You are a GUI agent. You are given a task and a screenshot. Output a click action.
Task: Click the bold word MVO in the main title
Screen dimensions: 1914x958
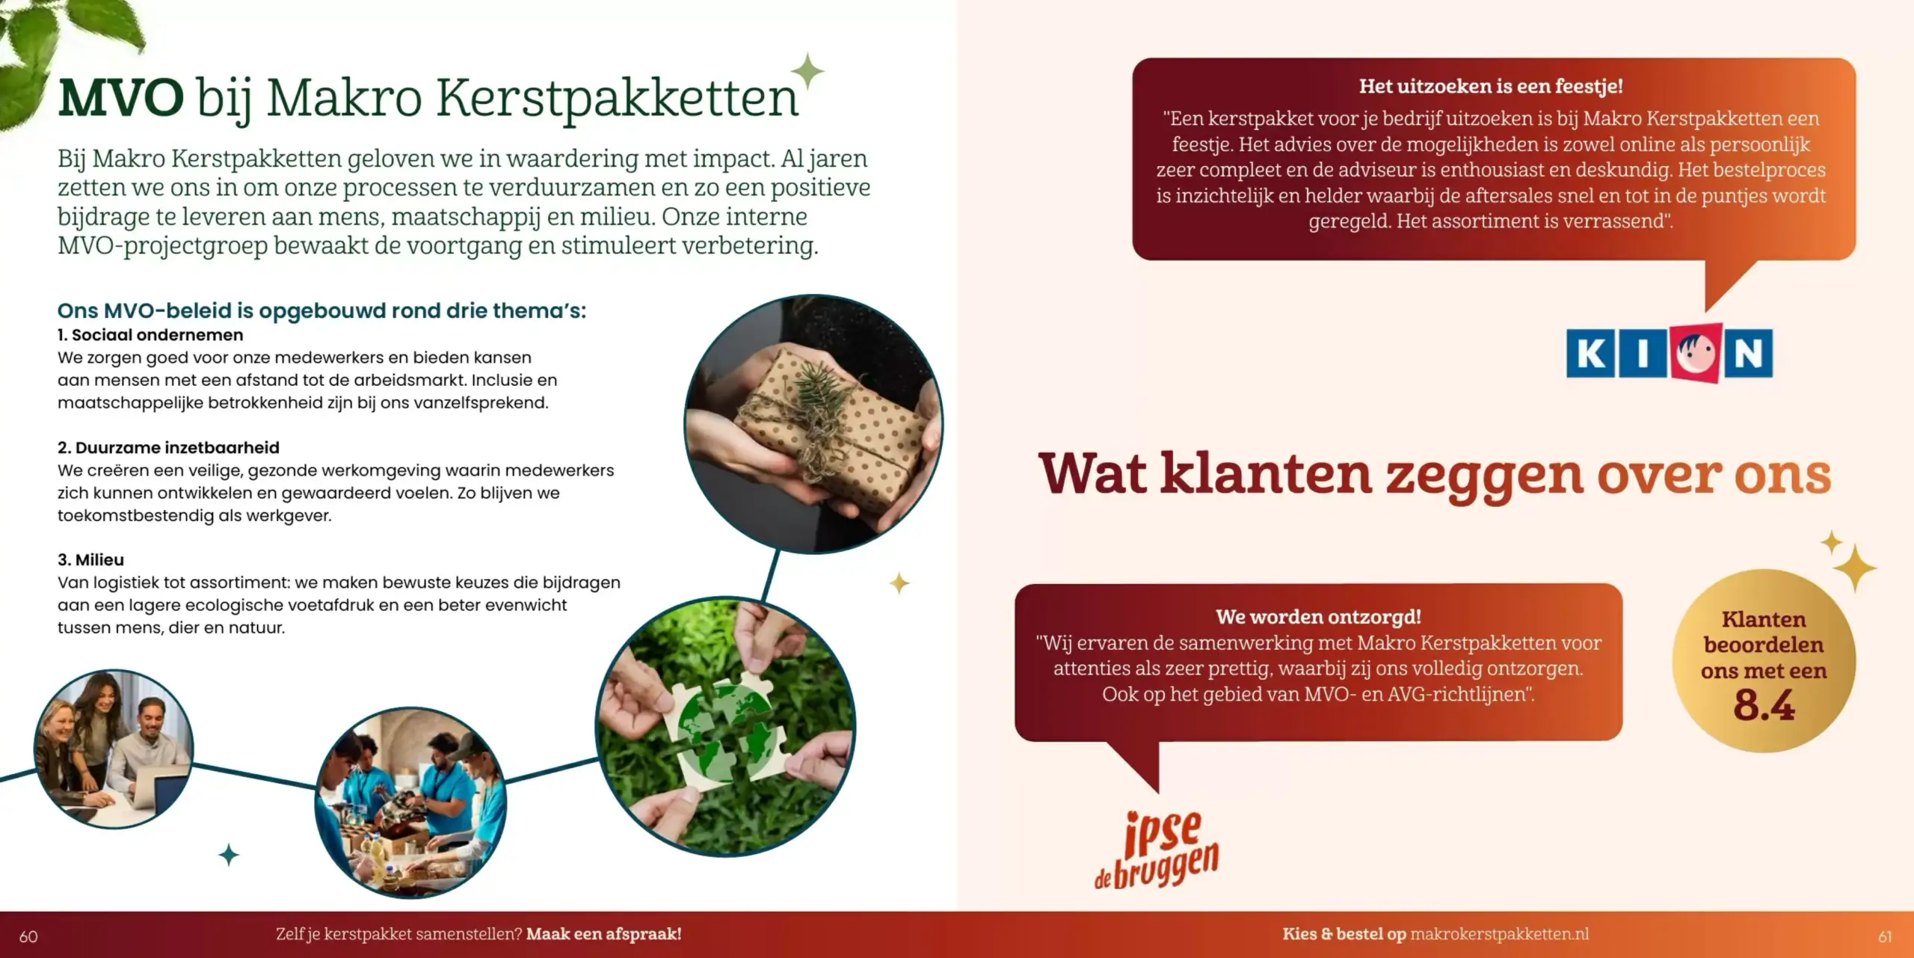pyautogui.click(x=120, y=98)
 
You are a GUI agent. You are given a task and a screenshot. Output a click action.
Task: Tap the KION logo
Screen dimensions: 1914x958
pyautogui.click(x=1669, y=353)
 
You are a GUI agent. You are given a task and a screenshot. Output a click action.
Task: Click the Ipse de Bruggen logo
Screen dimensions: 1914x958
pyautogui.click(x=1157, y=850)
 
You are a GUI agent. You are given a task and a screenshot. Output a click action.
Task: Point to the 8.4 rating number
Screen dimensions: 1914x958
pyautogui.click(x=1764, y=705)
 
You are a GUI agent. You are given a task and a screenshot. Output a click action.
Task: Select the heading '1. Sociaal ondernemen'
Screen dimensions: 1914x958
pyautogui.click(x=150, y=335)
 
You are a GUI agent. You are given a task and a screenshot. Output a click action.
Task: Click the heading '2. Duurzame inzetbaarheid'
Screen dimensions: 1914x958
pyautogui.click(x=168, y=447)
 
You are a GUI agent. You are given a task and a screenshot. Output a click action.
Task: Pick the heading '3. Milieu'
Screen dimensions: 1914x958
pyautogui.click(x=90, y=559)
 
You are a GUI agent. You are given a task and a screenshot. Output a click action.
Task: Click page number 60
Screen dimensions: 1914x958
pyautogui.click(x=28, y=936)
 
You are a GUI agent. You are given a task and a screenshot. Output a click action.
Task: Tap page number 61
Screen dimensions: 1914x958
pyautogui.click(x=1885, y=936)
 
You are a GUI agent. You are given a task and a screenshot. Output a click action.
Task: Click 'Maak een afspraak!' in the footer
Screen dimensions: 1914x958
pyautogui.click(x=603, y=934)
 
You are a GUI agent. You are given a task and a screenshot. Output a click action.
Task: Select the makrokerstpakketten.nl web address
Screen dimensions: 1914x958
pyautogui.click(x=1499, y=934)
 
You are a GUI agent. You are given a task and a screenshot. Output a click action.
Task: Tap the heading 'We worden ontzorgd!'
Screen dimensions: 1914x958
pyautogui.click(x=1318, y=617)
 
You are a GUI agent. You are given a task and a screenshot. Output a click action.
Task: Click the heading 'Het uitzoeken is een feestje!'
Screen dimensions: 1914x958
pyautogui.click(x=1491, y=87)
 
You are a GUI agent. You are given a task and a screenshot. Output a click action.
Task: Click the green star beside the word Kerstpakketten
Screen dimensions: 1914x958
pyautogui.click(x=807, y=71)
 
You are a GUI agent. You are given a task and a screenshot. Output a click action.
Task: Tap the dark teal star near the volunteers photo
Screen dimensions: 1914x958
pyautogui.click(x=229, y=854)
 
